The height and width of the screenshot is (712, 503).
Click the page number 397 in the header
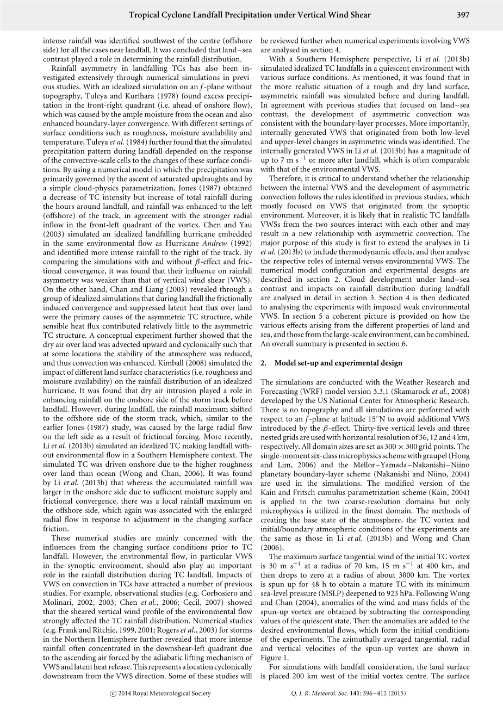click(463, 15)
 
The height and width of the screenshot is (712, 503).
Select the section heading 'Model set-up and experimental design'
click(338, 363)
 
